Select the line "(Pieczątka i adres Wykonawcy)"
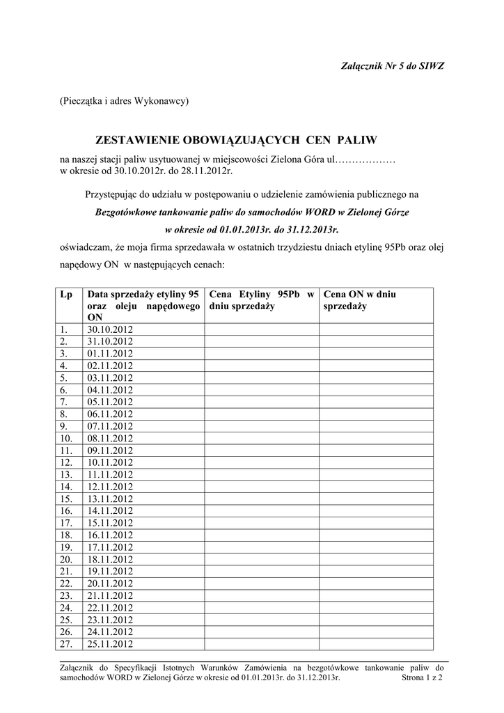tap(124, 101)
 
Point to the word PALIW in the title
tap(355, 140)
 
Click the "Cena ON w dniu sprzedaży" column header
tap(360, 300)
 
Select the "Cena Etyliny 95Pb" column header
tap(260, 300)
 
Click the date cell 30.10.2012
tap(109, 329)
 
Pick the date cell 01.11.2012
tap(109, 354)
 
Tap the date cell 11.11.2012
tap(109, 475)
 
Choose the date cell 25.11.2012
tap(109, 644)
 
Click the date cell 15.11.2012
tap(109, 523)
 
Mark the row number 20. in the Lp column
tap(66, 559)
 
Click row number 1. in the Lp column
tap(64, 329)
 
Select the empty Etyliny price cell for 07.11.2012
tap(261, 426)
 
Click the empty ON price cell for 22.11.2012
tap(376, 608)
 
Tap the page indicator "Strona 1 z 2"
tap(423, 677)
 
